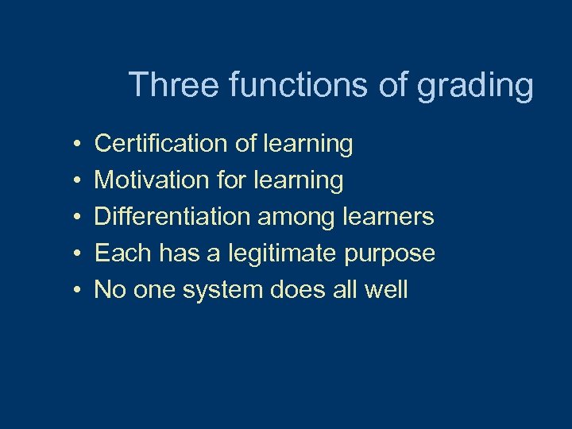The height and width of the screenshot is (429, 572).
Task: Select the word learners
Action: coord(388,217)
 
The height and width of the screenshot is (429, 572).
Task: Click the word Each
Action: coord(123,253)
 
